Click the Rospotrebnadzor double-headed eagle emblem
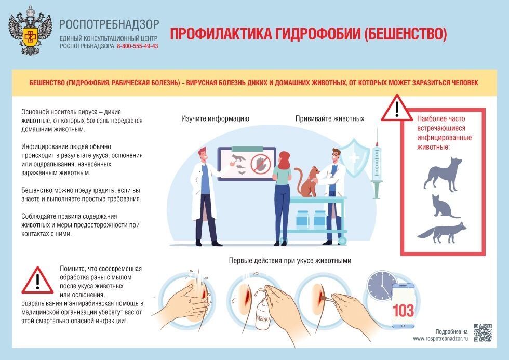[31, 31]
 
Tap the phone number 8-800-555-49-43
[138, 46]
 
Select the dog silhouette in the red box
[443, 175]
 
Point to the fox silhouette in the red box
[442, 232]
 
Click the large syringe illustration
[377, 164]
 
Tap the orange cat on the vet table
[308, 181]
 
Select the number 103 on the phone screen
[403, 310]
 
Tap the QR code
[483, 333]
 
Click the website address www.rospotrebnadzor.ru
[440, 339]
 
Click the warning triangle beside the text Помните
[37, 281]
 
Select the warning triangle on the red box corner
[396, 109]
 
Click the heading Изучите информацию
[215, 119]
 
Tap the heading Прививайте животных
[330, 119]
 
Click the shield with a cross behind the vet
[354, 158]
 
